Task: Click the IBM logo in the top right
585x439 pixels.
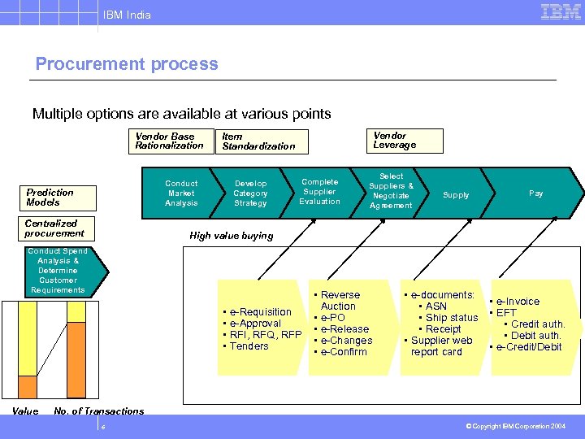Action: click(561, 12)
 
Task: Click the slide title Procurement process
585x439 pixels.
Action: click(127, 64)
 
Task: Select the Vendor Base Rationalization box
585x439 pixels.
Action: click(169, 141)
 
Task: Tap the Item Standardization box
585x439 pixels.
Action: click(260, 141)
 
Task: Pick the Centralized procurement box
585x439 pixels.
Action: click(54, 228)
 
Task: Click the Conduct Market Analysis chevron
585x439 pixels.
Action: click(181, 193)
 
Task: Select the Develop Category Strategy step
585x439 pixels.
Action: click(250, 193)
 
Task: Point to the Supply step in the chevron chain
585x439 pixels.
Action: click(456, 195)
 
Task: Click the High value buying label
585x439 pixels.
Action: click(232, 236)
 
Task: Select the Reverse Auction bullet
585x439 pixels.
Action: click(338, 300)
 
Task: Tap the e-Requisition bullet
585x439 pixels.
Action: click(260, 312)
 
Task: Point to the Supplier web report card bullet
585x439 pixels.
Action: click(440, 346)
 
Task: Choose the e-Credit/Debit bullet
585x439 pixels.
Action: click(528, 347)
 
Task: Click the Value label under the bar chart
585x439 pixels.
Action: click(25, 411)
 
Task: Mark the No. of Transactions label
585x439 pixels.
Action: click(98, 411)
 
